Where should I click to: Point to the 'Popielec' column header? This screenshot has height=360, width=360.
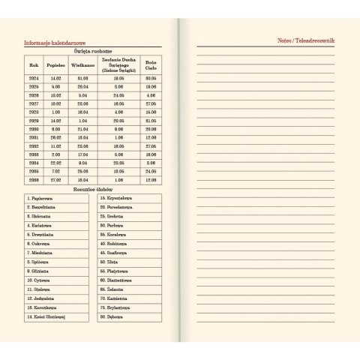coord(56,65)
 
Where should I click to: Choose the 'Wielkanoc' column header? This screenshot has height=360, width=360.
coord(82,65)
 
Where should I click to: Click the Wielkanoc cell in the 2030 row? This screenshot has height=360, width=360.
coord(82,129)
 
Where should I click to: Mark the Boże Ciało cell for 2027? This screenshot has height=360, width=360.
coord(151,103)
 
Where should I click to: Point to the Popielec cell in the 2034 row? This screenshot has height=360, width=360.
coord(56,163)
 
